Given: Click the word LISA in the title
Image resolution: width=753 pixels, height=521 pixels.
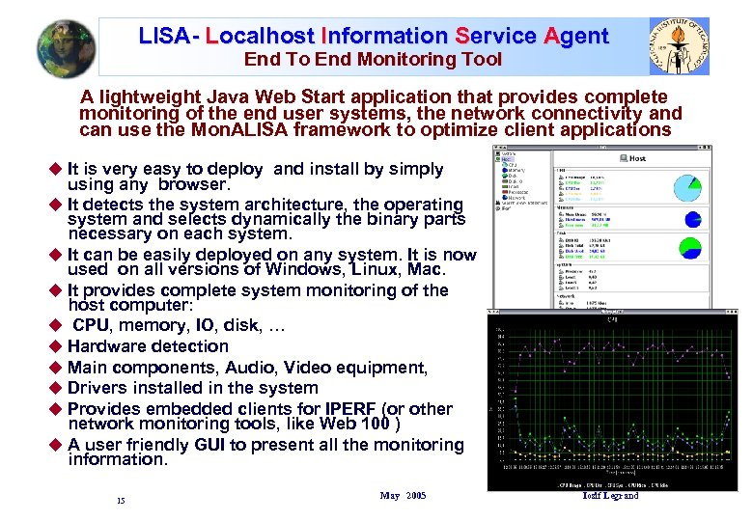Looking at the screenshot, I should [x=163, y=37].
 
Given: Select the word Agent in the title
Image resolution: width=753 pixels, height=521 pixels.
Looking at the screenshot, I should [x=576, y=37].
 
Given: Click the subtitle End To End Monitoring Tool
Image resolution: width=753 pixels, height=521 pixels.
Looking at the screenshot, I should [x=373, y=60].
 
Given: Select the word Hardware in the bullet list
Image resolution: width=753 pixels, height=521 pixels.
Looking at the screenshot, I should [x=109, y=346].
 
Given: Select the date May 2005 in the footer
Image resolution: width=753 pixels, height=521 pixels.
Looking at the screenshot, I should [x=403, y=496].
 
